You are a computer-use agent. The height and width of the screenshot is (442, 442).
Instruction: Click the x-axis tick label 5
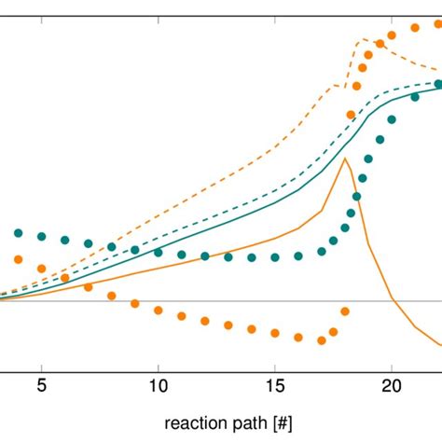(42, 384)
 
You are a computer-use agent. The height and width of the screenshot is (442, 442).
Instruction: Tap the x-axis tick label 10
(159, 384)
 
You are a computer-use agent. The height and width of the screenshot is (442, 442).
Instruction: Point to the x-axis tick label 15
(275, 384)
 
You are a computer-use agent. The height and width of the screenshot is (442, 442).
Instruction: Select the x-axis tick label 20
(392, 384)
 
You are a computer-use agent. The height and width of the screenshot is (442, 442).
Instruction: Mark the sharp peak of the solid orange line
(345, 159)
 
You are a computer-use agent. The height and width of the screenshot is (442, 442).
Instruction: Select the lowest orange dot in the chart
(322, 340)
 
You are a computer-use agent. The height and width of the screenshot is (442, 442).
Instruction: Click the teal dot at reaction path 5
(42, 236)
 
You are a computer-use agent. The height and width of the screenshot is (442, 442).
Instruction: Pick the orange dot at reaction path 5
(42, 269)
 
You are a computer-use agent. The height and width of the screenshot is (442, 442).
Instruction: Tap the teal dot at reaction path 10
(159, 253)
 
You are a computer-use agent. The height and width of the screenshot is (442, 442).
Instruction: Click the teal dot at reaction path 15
(275, 257)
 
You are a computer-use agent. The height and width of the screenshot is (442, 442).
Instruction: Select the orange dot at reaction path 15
(275, 333)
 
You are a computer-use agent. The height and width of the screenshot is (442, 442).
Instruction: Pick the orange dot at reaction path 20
(392, 35)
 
